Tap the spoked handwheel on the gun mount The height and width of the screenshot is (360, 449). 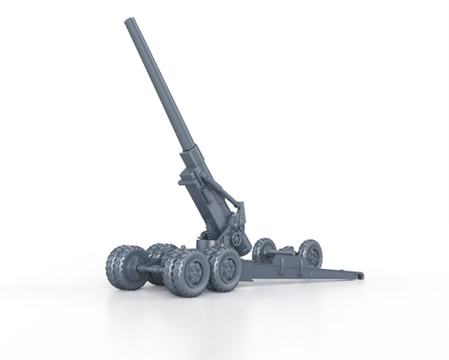(238, 240)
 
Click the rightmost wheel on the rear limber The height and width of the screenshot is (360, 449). (311, 253)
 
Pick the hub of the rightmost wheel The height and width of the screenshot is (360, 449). (313, 253)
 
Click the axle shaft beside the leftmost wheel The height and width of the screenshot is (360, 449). (153, 271)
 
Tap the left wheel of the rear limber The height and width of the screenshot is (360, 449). (263, 250)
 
